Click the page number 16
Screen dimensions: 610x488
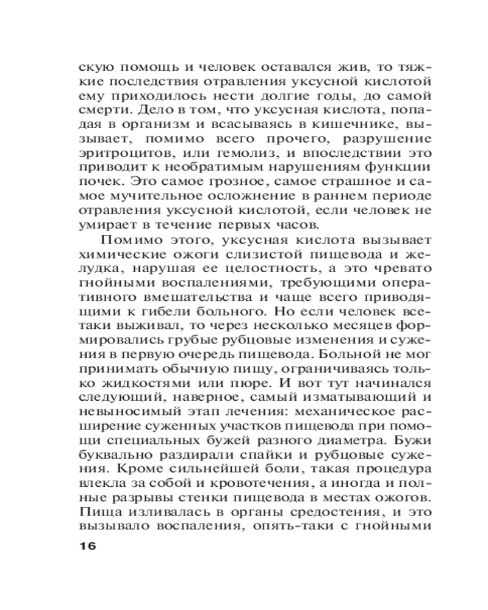point(84,546)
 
